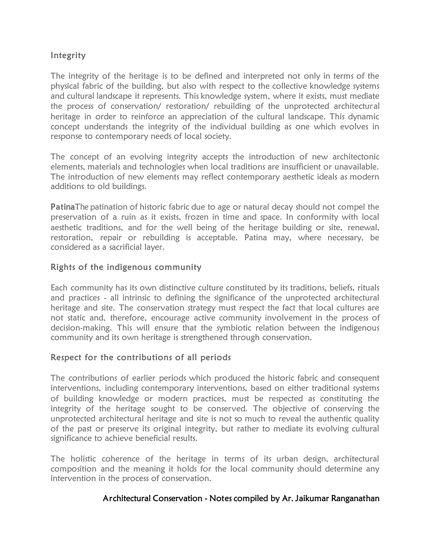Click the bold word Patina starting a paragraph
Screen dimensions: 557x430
(x=62, y=207)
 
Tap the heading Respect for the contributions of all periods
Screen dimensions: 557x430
(x=141, y=357)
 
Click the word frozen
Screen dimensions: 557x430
(x=194, y=217)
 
